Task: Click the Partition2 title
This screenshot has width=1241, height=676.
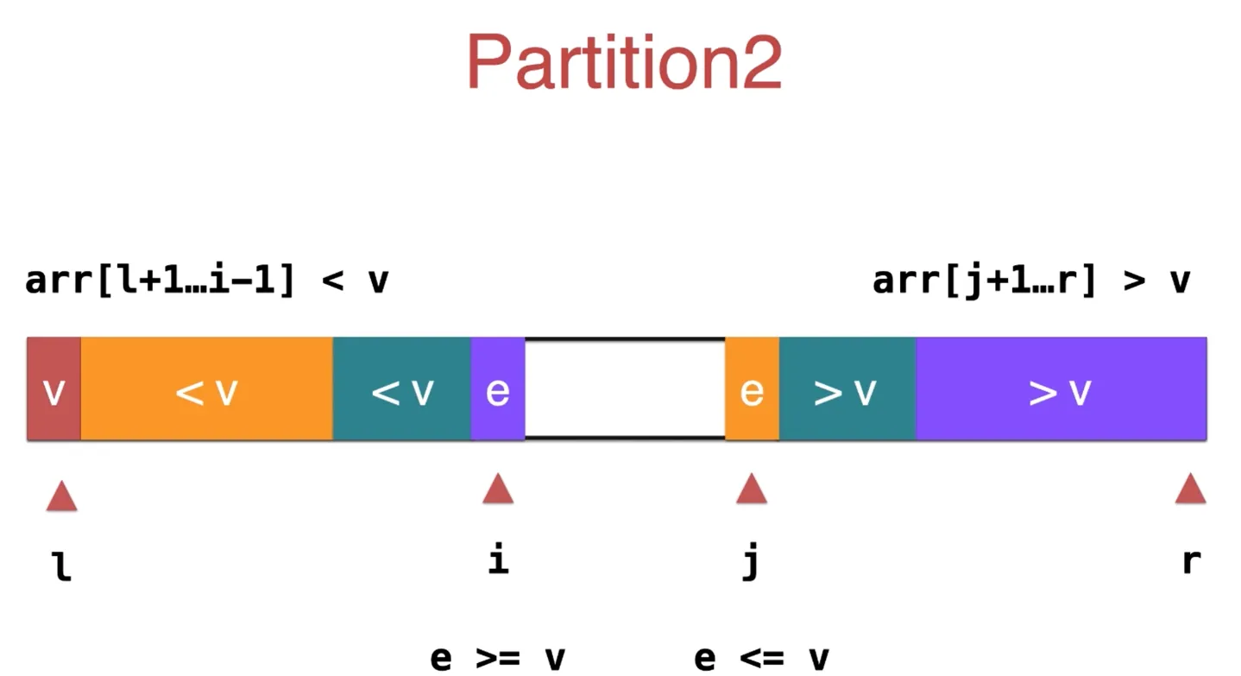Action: (x=624, y=62)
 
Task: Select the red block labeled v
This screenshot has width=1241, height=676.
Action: (x=54, y=389)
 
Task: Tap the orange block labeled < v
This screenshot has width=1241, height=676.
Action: (x=206, y=389)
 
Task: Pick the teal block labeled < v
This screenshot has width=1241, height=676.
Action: (x=402, y=389)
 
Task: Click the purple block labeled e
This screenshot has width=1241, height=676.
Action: (x=498, y=389)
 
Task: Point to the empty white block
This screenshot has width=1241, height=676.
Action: (x=625, y=389)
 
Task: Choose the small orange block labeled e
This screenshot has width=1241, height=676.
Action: (x=752, y=389)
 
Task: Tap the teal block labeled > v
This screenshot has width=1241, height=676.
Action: (x=847, y=389)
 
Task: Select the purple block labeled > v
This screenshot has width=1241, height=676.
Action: (x=1061, y=389)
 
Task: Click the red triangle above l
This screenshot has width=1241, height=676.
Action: (x=61, y=497)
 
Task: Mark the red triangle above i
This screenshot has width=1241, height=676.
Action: (x=498, y=490)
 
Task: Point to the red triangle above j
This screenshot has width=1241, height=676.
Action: (x=751, y=490)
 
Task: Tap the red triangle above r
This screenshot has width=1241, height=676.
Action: (x=1190, y=490)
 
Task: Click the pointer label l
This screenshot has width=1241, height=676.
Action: (x=62, y=566)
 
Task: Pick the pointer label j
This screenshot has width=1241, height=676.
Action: (x=751, y=562)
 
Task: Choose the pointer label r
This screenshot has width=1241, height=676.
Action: (x=1191, y=561)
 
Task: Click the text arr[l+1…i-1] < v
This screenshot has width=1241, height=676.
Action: (x=207, y=281)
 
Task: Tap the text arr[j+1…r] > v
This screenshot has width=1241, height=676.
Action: (x=1031, y=281)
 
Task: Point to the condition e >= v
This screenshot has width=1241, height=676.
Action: (x=498, y=658)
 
